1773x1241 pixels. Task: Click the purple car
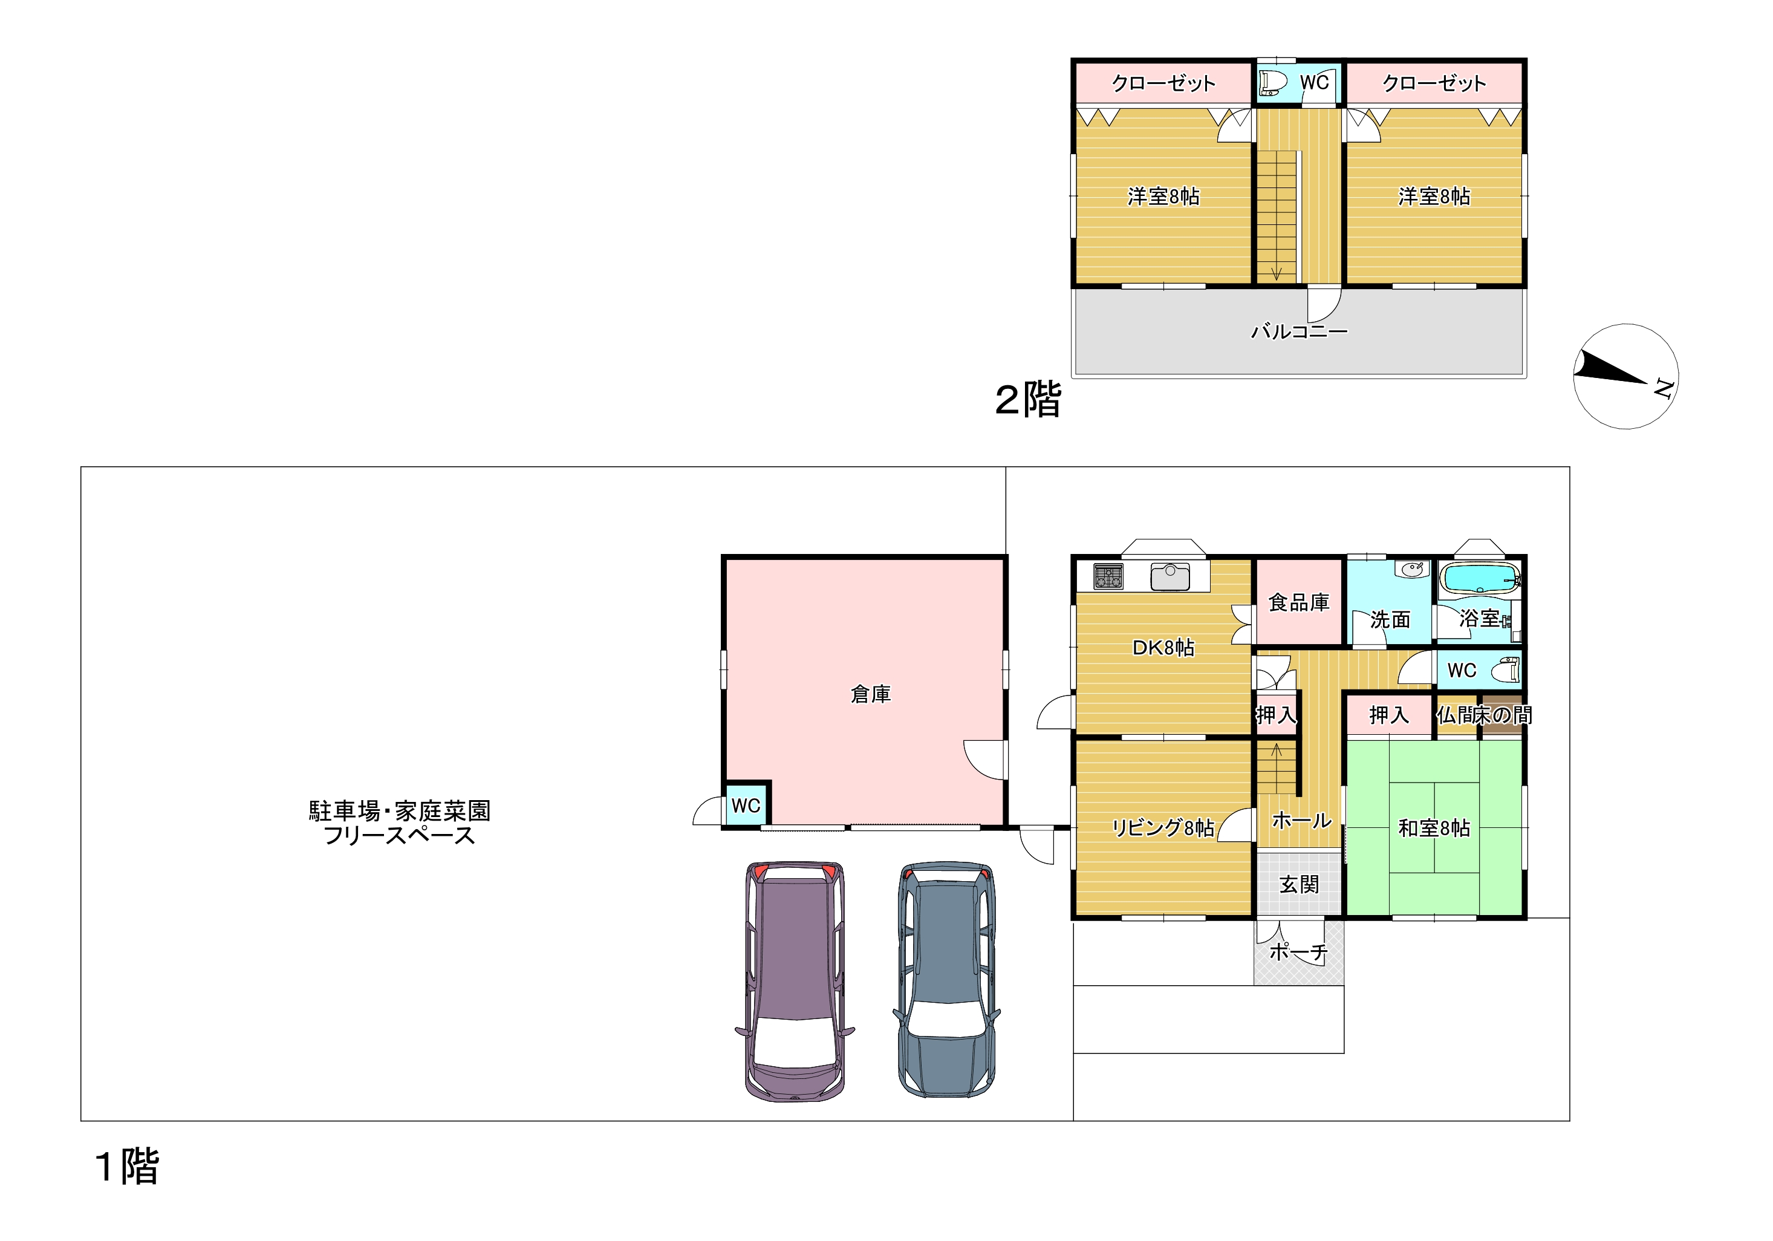point(795,981)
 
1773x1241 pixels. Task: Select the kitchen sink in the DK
point(1170,577)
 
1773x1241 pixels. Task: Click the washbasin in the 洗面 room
point(1413,570)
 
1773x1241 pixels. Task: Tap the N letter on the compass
point(1664,388)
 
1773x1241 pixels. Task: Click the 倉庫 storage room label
point(870,694)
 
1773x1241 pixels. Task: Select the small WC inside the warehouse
point(746,805)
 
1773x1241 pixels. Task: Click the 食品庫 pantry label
point(1299,602)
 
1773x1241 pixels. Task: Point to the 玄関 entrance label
point(1299,884)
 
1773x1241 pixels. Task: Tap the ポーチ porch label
point(1298,952)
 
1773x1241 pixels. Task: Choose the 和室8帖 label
point(1434,828)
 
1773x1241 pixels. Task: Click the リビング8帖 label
point(1163,828)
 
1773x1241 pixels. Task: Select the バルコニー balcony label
point(1299,331)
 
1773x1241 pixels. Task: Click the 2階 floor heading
point(1028,400)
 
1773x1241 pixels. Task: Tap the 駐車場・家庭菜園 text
point(399,811)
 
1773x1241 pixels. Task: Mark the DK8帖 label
point(1163,647)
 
